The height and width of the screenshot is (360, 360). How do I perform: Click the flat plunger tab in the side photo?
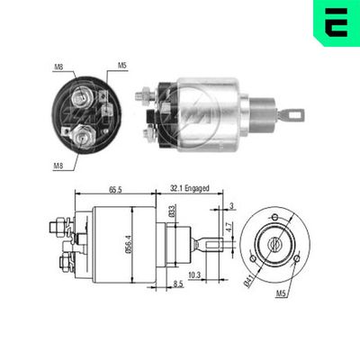tap(292, 115)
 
